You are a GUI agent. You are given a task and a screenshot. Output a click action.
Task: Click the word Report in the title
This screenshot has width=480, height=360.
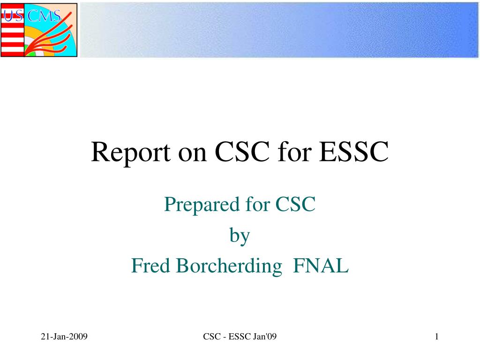[131, 152]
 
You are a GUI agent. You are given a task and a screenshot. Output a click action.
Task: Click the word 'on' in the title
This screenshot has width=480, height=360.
[193, 154]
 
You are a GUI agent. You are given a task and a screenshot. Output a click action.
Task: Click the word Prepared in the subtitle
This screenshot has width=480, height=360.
[202, 205]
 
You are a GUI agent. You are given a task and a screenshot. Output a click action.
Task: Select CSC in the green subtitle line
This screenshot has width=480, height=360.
[295, 204]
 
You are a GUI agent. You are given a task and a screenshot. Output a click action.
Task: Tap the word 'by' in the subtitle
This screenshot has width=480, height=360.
[240, 236]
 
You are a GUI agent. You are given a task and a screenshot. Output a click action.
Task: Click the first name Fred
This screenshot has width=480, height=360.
[150, 265]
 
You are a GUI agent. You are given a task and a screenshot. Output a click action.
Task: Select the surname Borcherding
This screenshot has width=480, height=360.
[229, 266]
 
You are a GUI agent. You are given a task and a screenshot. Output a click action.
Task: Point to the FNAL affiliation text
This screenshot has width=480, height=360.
[321, 265]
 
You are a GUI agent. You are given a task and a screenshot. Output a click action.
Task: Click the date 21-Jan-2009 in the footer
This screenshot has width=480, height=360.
[64, 337]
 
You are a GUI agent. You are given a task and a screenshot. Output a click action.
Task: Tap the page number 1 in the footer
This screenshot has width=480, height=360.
[436, 337]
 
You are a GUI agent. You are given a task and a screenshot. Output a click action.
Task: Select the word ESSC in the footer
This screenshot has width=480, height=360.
[240, 337]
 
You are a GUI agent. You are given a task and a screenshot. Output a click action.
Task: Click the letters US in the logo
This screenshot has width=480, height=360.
[13, 15]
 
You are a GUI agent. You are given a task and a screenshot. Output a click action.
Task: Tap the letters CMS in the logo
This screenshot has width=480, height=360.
[44, 15]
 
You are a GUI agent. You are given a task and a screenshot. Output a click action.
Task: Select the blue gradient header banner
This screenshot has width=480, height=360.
[279, 30]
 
